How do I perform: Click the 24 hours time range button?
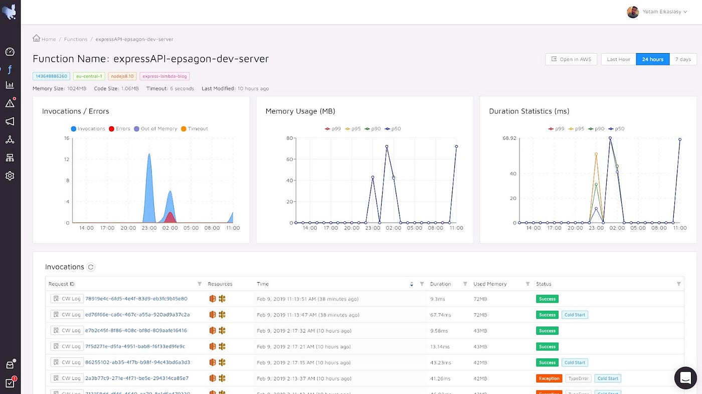652,59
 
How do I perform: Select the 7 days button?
682,59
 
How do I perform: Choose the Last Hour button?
618,59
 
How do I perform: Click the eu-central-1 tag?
89,76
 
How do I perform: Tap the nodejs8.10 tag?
122,76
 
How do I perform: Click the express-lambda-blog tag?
164,76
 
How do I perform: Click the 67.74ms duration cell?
441,315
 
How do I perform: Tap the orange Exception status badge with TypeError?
549,378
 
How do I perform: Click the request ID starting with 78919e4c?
136,299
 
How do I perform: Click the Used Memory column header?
490,284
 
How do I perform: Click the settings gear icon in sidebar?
10,176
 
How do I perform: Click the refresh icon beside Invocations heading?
91,267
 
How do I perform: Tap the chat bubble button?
685,378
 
